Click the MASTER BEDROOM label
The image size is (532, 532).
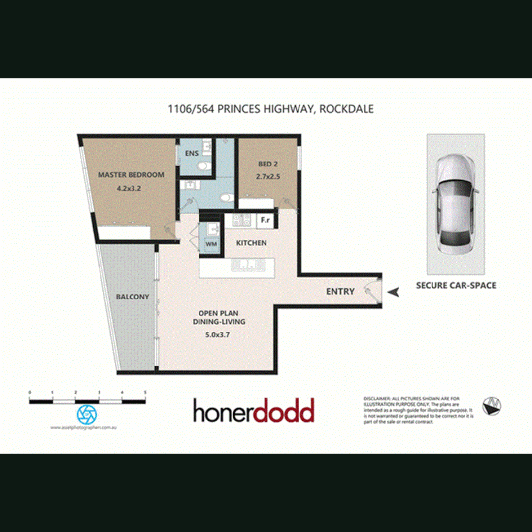click(x=131, y=175)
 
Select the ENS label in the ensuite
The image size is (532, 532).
click(x=191, y=153)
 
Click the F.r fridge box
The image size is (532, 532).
click(x=265, y=220)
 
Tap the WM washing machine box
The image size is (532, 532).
click(x=211, y=244)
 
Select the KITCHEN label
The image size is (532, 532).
click(x=251, y=243)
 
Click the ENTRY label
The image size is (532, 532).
click(x=340, y=291)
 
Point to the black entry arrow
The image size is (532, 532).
click(x=394, y=292)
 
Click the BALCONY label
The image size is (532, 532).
click(x=133, y=297)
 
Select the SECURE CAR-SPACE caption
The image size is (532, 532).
click(x=456, y=285)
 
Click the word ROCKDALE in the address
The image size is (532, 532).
click(x=346, y=109)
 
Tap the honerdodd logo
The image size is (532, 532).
click(x=253, y=411)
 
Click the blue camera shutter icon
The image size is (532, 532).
click(x=87, y=414)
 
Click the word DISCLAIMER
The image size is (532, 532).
click(x=377, y=398)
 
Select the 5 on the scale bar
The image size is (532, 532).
click(x=145, y=392)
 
